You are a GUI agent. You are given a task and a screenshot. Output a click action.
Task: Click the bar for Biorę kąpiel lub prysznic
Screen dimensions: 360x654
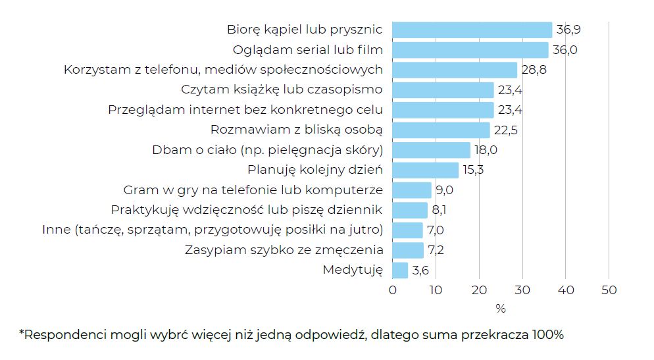coord(472,30)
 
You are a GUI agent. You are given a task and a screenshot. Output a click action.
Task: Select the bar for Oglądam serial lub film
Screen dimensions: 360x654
coord(470,50)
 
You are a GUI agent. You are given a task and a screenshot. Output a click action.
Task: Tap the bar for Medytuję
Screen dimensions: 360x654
coord(400,270)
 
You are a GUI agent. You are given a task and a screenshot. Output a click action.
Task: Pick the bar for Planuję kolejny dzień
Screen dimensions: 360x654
coord(425,170)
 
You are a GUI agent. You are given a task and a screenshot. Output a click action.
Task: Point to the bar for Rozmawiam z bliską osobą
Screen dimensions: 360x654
coord(441,130)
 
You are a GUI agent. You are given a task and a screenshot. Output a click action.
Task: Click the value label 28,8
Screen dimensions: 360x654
coord(534,70)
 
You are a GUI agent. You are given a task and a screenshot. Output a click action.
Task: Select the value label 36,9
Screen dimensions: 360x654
coord(568,30)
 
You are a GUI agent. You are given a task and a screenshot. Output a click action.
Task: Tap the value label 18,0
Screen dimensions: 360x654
coord(486,150)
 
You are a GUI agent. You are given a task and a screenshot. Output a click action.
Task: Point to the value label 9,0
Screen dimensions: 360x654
coord(444,190)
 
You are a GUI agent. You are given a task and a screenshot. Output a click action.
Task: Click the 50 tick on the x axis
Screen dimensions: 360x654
coord(609,290)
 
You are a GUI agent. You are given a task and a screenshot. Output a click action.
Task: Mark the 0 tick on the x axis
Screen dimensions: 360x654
coord(393,290)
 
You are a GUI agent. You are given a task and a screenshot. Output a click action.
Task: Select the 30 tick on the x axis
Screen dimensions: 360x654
coord(522,290)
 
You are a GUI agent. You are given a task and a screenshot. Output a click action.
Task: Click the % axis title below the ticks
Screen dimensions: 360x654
coord(500,308)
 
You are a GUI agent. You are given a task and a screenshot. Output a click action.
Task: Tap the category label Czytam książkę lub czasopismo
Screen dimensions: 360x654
coord(282,90)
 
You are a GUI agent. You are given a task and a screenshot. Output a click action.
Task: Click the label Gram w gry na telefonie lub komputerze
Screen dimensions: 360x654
coord(253,190)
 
